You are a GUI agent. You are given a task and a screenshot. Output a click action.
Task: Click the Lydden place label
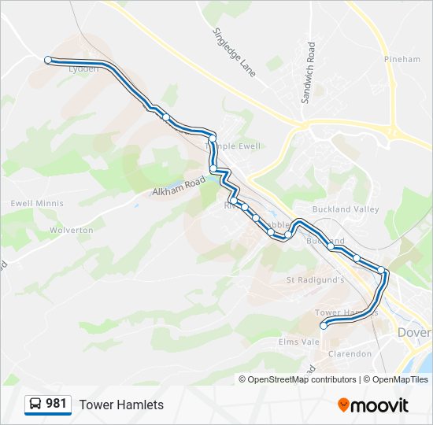tap(84, 69)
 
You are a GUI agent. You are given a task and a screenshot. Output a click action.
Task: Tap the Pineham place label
tap(402, 59)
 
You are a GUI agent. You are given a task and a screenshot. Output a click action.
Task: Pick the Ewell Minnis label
tap(31, 203)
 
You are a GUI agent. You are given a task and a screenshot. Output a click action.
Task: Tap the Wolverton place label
tap(72, 231)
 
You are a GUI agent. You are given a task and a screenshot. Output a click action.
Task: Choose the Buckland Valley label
tap(346, 209)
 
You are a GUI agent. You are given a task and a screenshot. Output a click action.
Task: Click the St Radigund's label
tap(315, 279)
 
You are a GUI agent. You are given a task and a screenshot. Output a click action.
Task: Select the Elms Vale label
tap(299, 342)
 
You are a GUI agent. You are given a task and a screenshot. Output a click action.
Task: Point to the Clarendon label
tap(350, 354)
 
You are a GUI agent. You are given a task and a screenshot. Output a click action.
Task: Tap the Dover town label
tap(414, 333)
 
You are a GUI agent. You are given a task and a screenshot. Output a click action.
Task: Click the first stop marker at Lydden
tap(48, 60)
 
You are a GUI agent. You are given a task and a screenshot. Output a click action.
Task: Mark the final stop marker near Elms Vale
tap(323, 326)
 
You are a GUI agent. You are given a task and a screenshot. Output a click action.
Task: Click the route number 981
tap(56, 404)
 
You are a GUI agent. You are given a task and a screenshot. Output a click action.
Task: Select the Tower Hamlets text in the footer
tap(121, 405)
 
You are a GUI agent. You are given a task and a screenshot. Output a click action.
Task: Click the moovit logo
tap(373, 405)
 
